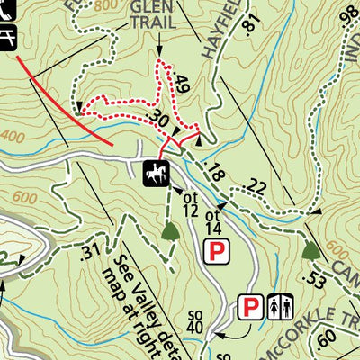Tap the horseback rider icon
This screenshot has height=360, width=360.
tap(155, 173)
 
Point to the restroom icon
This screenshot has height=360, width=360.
tap(279, 308)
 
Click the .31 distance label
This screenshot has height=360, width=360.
tap(90, 249)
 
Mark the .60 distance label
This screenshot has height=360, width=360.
tap(327, 337)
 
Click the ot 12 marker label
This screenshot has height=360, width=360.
tap(189, 203)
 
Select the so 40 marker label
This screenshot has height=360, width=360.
tap(195, 319)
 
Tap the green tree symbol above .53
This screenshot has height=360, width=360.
tap(311, 249)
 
